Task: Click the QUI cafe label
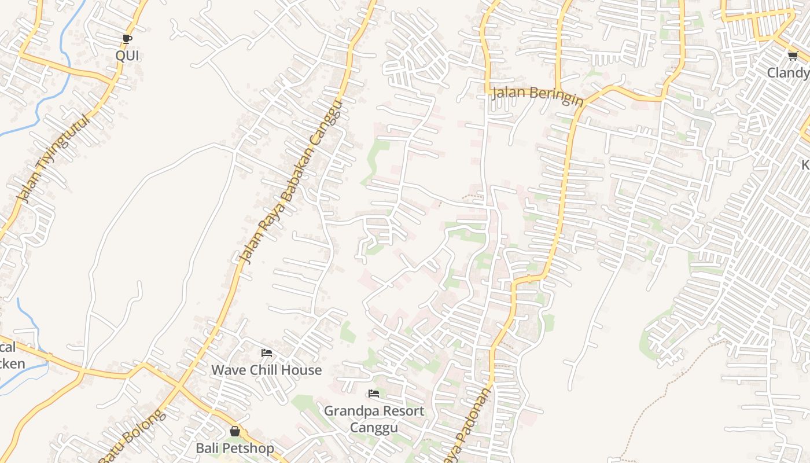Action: coord(127,56)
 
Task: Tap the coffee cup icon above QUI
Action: coord(127,39)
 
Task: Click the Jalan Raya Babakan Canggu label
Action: coord(292,182)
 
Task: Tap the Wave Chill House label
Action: coord(266,370)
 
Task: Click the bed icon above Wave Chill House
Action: coord(266,353)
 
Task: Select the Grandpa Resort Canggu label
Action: coord(374,419)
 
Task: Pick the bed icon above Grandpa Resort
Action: coord(374,394)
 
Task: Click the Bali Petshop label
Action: coord(234,448)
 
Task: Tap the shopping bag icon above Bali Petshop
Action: coord(234,431)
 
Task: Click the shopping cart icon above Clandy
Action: coord(793,56)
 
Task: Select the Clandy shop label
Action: coord(788,73)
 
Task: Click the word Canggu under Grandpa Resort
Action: coord(374,428)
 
